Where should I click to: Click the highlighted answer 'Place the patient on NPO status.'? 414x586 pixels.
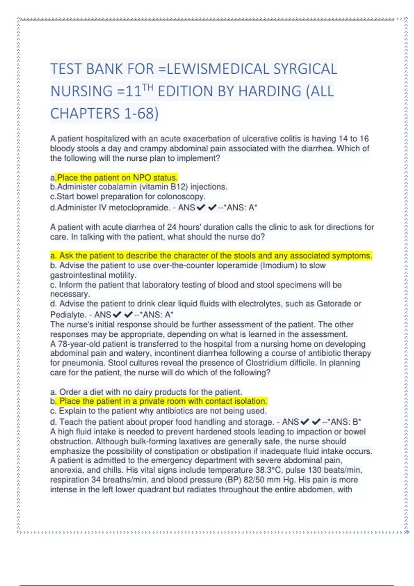[x=117, y=178]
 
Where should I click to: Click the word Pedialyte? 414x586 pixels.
[x=67, y=315]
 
